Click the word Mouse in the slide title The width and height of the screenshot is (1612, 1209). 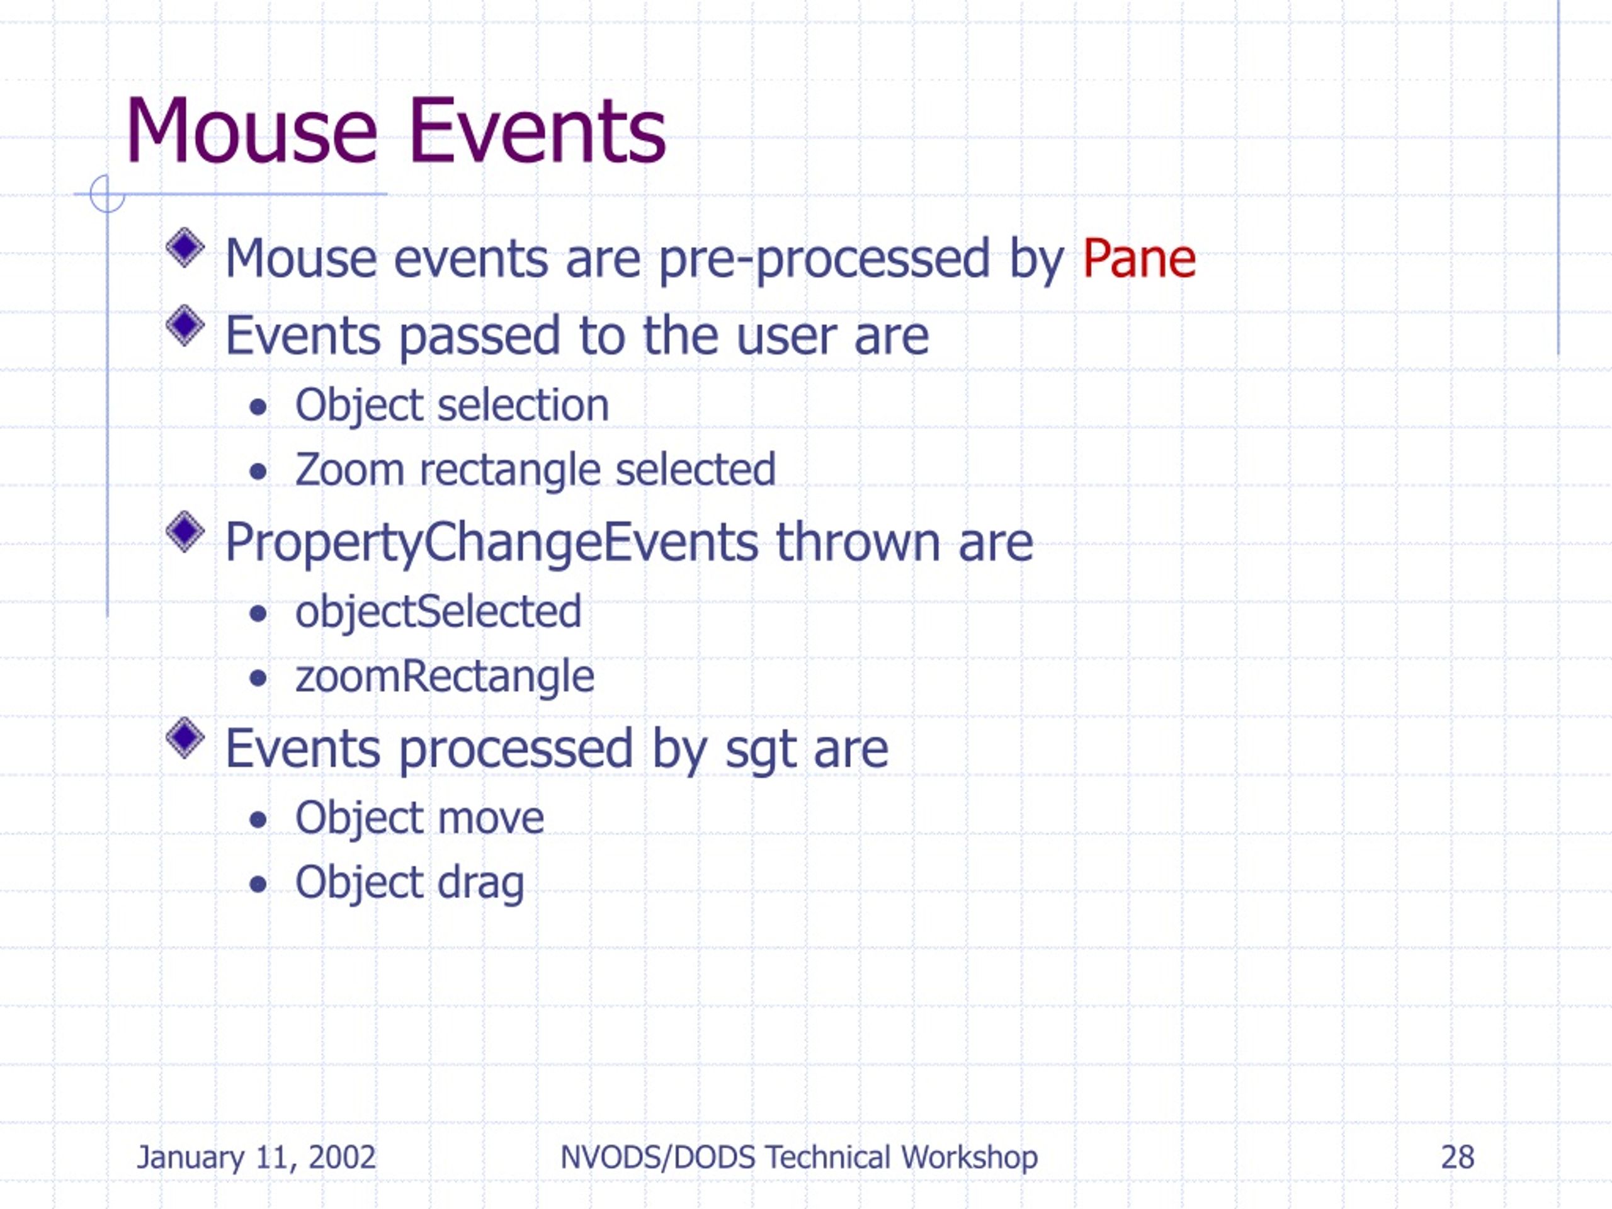pos(252,131)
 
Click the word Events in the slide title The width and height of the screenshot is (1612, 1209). pos(537,131)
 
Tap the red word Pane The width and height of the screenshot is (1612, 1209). pos(1139,258)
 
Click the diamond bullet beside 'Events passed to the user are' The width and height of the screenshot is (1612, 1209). pos(185,325)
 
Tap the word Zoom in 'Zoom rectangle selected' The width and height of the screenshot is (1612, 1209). pos(350,469)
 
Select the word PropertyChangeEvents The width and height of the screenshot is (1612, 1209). pos(492,543)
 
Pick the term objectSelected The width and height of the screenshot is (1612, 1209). pos(439,611)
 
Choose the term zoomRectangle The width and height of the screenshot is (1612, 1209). pos(445,677)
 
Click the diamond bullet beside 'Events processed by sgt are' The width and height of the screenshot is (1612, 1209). pos(185,737)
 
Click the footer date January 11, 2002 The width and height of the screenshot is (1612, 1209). pos(256,1157)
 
